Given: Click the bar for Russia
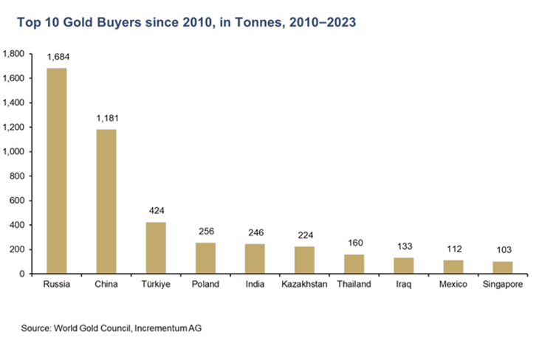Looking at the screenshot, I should coord(57,171).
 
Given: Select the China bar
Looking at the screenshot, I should coord(106,201).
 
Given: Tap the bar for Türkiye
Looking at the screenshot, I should coord(156,248).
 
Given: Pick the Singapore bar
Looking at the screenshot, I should coord(503,268).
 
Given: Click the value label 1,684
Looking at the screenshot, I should coord(57,56).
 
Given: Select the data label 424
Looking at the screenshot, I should coord(156,210).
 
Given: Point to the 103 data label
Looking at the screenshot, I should coord(503,250).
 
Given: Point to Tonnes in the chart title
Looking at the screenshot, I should coord(253,23).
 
